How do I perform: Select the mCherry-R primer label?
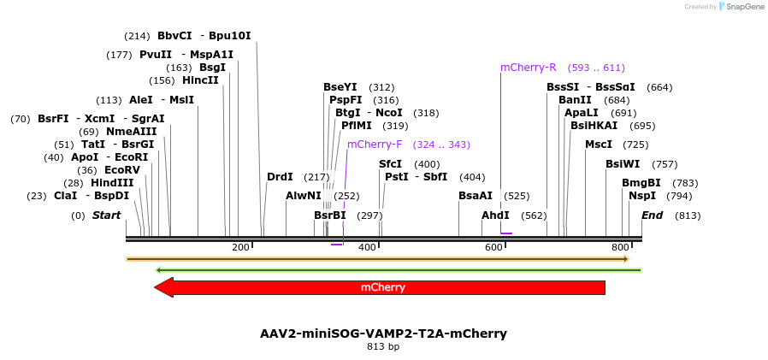click(528, 67)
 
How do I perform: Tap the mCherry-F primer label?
click(375, 145)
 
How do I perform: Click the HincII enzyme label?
click(200, 80)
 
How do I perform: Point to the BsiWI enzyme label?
click(623, 164)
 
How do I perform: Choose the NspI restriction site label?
click(642, 196)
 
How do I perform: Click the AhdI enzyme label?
click(495, 215)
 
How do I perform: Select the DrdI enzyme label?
click(280, 177)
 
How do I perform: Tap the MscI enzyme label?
click(599, 145)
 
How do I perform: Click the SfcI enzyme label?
click(390, 164)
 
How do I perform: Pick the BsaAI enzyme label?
click(476, 196)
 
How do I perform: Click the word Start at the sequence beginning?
click(106, 215)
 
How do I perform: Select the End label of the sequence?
click(652, 215)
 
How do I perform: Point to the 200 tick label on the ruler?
click(240, 247)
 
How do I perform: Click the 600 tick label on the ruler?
click(493, 247)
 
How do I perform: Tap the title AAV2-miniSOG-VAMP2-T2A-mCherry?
click(383, 333)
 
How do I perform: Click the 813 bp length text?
click(383, 347)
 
